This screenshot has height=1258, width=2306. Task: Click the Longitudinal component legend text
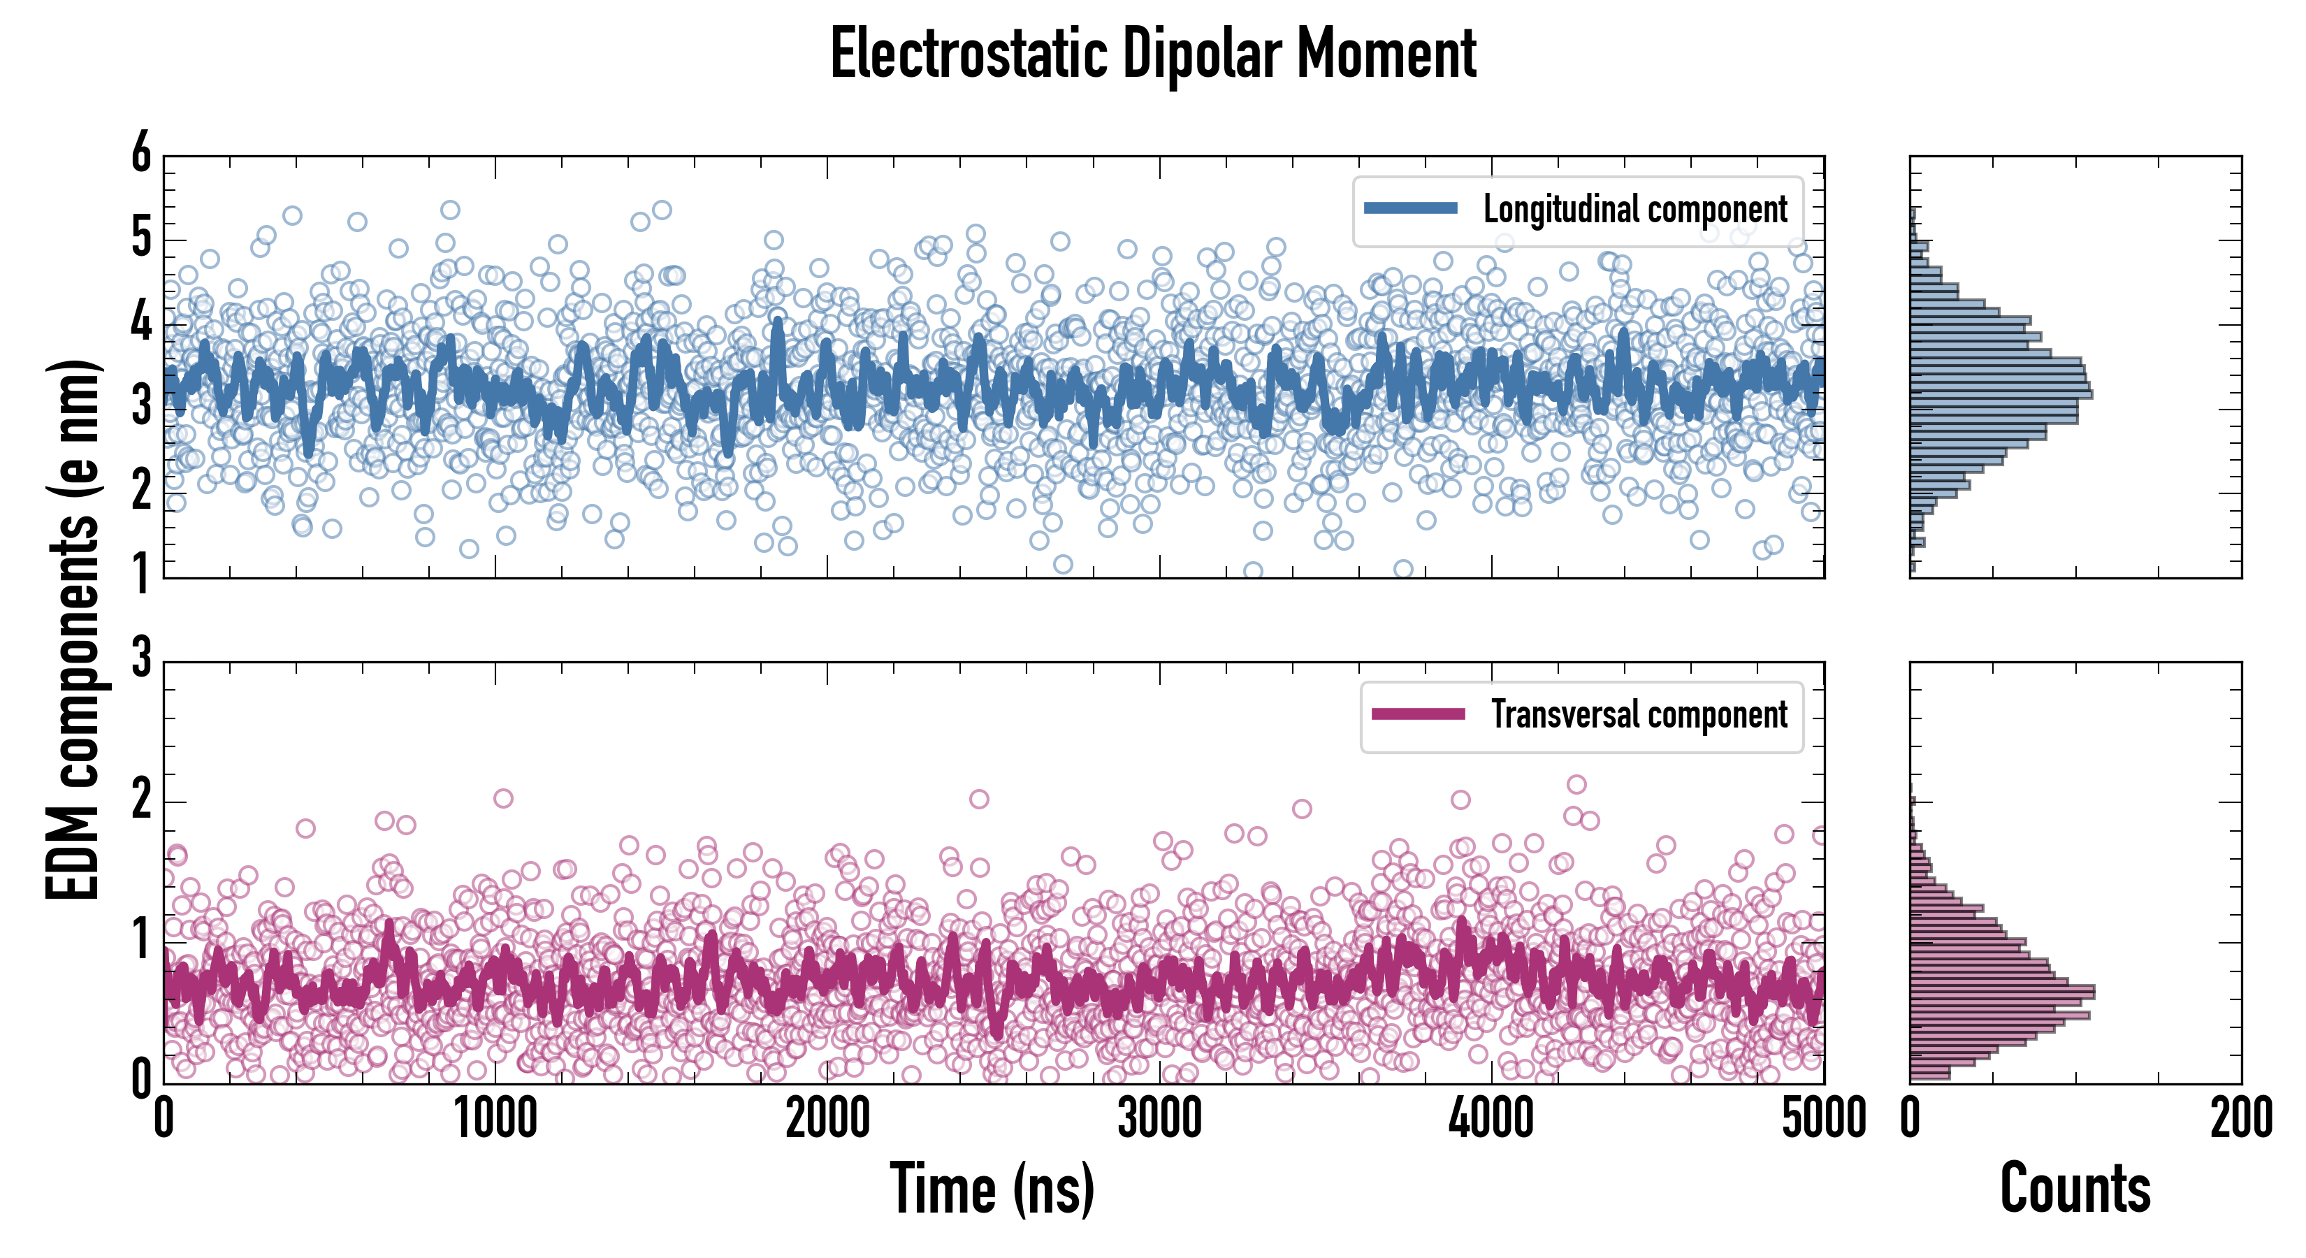pyautogui.click(x=1634, y=210)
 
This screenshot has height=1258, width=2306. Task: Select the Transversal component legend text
pyautogui.click(x=1638, y=714)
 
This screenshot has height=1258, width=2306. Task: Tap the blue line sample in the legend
pyautogui.click(x=1410, y=209)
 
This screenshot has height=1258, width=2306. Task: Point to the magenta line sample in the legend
pyautogui.click(x=1418, y=714)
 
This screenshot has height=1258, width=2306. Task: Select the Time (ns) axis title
pyautogui.click(x=992, y=1189)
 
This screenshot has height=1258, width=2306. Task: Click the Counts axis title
pyautogui.click(x=2075, y=1189)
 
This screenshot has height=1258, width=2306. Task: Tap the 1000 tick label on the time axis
pyautogui.click(x=495, y=1119)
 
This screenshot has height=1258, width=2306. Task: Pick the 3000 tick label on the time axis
pyautogui.click(x=1159, y=1119)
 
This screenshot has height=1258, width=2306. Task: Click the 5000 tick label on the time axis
pyautogui.click(x=1824, y=1119)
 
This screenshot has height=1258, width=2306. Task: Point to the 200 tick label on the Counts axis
pyautogui.click(x=2240, y=1119)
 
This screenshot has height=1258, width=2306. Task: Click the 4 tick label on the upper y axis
pyautogui.click(x=141, y=322)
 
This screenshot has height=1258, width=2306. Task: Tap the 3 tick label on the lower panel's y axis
pyautogui.click(x=141, y=659)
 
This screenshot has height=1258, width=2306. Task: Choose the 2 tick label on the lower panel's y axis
pyautogui.click(x=141, y=800)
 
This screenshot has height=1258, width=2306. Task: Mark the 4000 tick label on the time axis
pyautogui.click(x=1491, y=1119)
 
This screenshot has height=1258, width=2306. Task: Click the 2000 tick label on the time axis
pyautogui.click(x=827, y=1119)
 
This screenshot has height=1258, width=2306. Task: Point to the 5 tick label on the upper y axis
pyautogui.click(x=141, y=238)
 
